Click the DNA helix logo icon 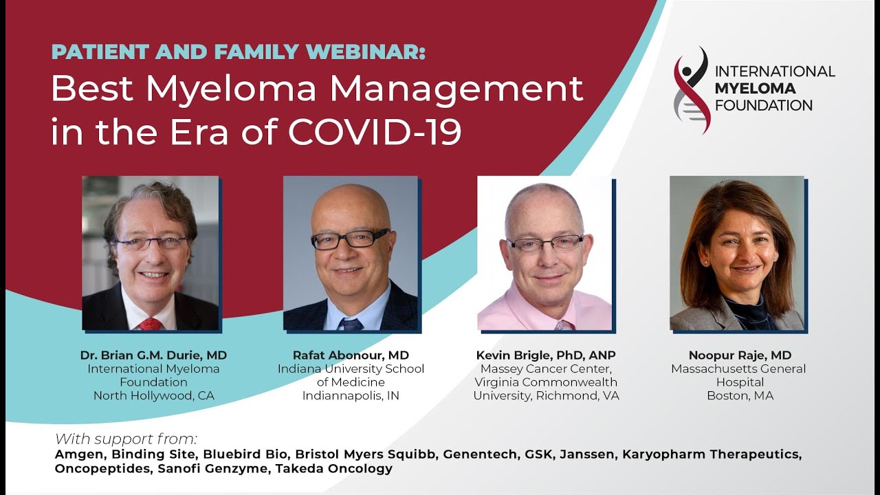(x=691, y=90)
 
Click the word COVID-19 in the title (x=375, y=131)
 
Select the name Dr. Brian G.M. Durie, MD (x=153, y=355)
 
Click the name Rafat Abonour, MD (x=351, y=355)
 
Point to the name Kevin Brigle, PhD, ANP (x=546, y=355)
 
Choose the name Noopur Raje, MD (x=740, y=355)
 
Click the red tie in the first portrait (x=149, y=324)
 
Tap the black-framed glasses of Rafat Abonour (x=351, y=239)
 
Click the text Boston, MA (x=740, y=395)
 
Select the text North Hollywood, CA (x=153, y=395)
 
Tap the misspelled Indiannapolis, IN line (x=351, y=395)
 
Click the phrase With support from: (x=126, y=439)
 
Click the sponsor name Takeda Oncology (x=333, y=469)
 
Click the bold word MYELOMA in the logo (x=755, y=89)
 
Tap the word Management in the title (x=456, y=89)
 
